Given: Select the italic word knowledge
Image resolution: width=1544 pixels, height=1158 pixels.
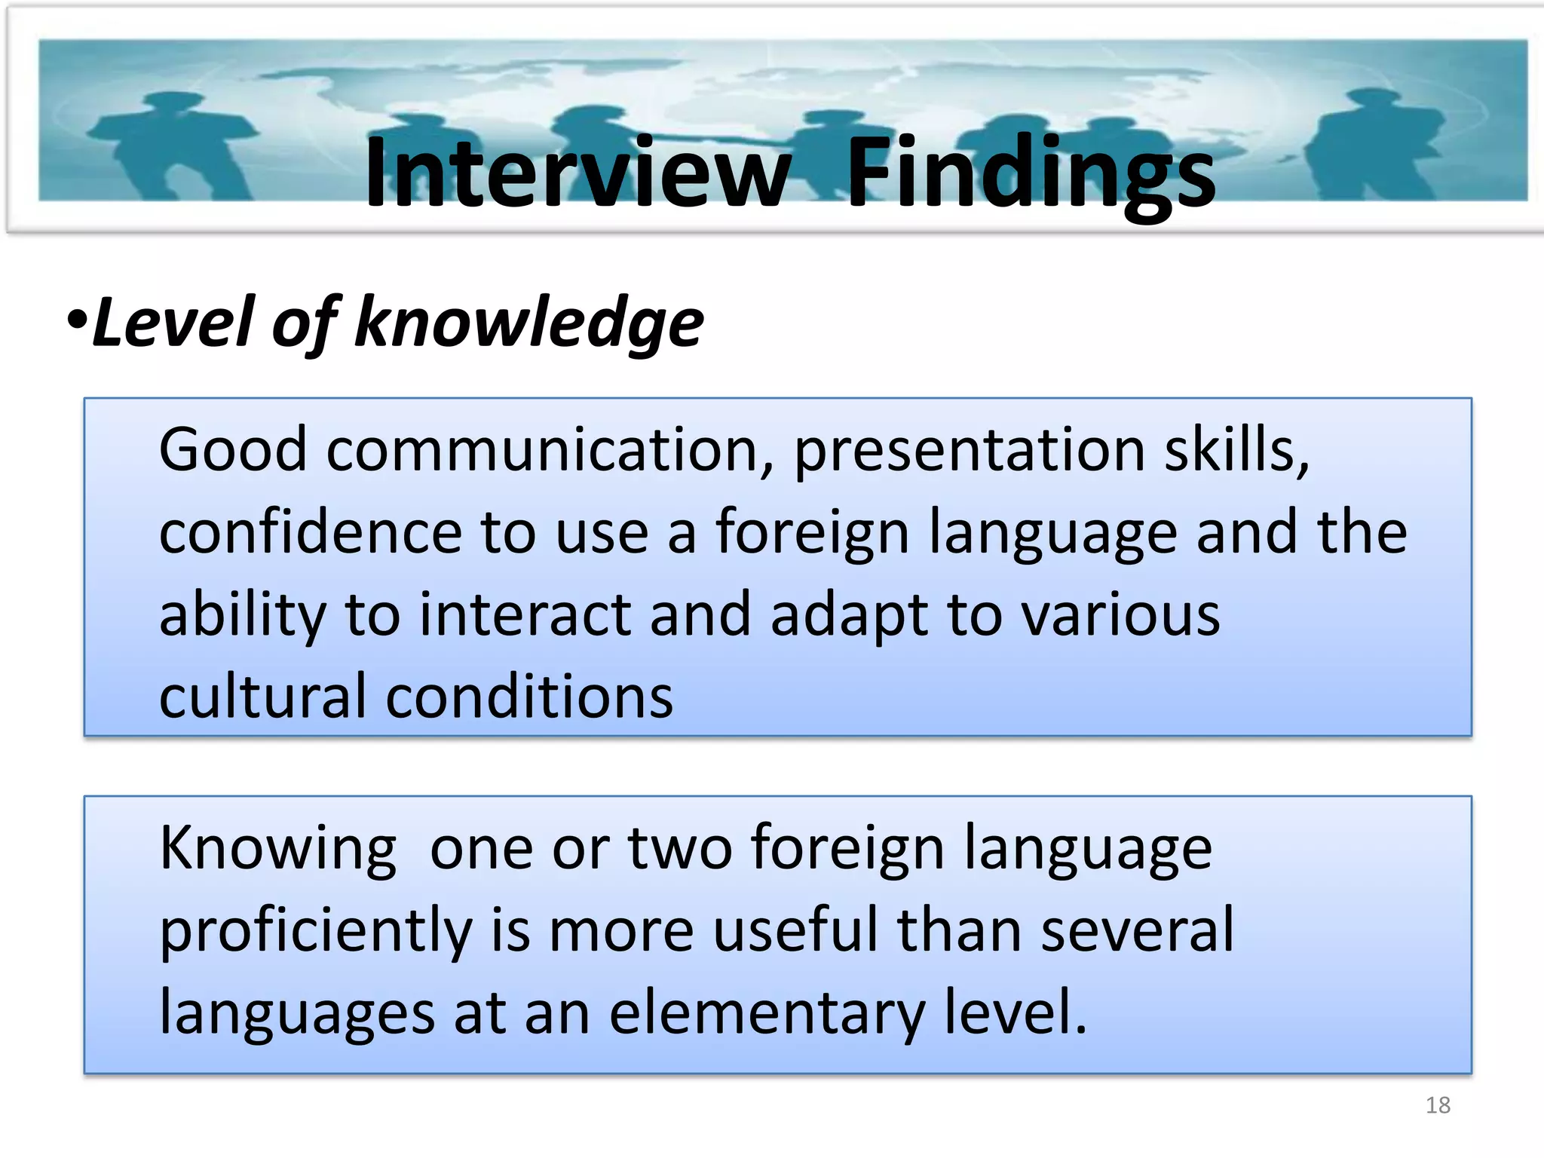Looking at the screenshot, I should tap(528, 323).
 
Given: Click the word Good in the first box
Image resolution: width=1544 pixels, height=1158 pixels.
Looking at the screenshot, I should tap(233, 450).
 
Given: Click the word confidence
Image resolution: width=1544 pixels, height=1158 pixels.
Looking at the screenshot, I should tap(310, 532).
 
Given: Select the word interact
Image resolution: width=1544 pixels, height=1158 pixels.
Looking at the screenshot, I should tap(525, 614).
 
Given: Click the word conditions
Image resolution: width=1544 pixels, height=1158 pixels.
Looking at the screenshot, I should tap(529, 696).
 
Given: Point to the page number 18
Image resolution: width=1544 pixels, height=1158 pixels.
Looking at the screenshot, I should tap(1438, 1105).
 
